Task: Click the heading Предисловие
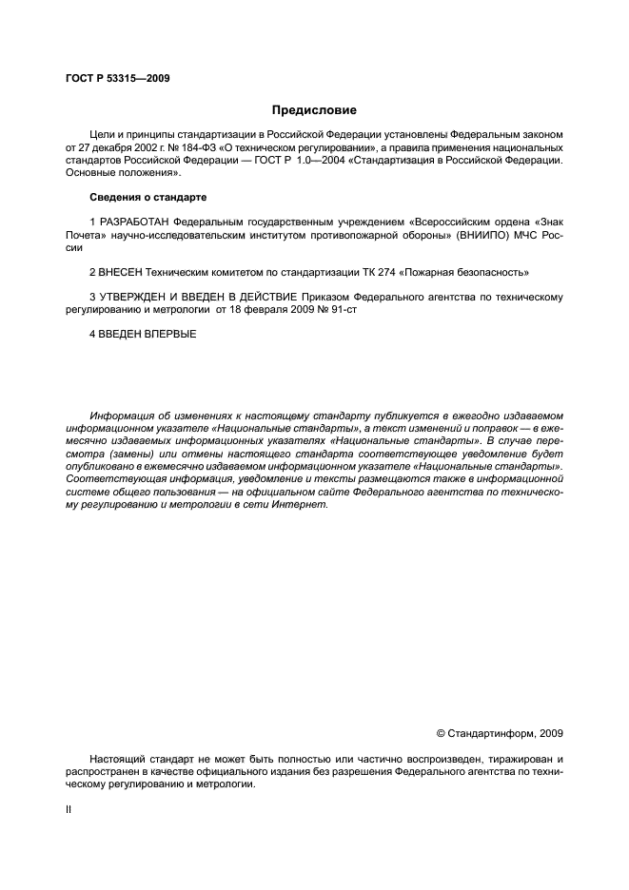(313, 110)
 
